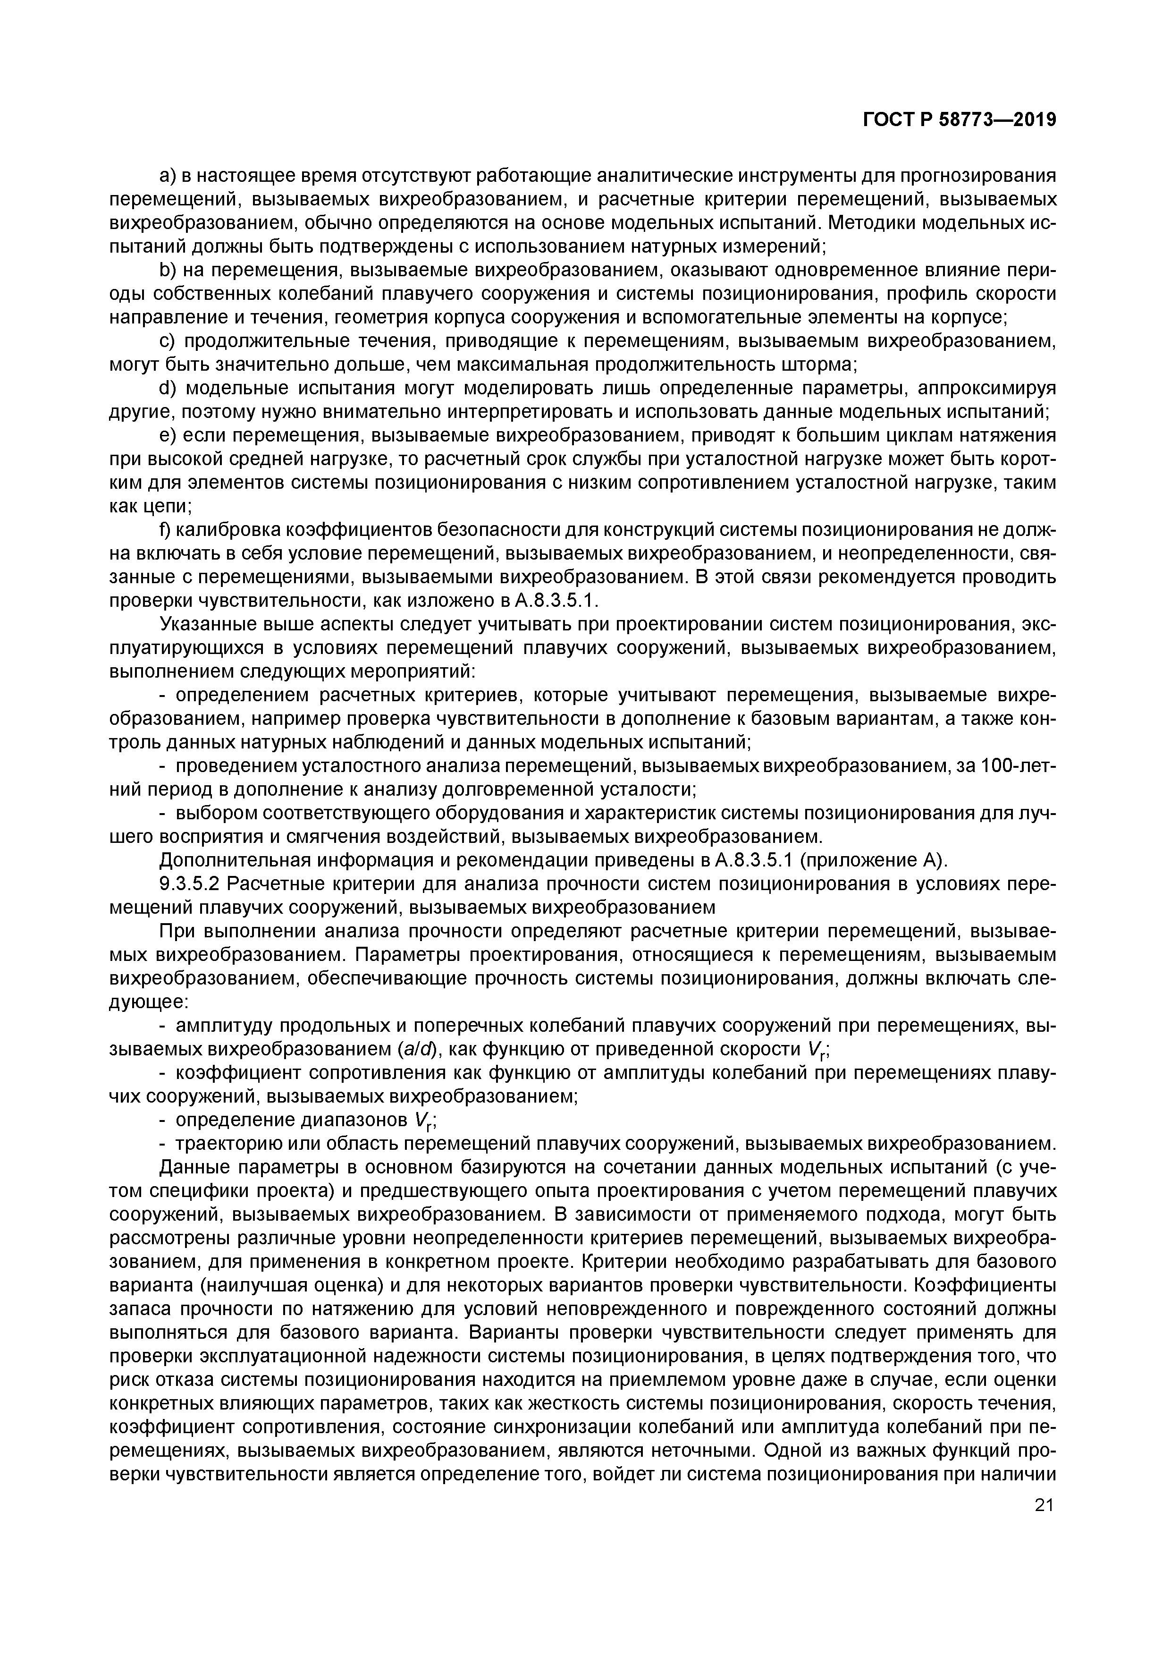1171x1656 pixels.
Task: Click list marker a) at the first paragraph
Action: click(167, 176)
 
